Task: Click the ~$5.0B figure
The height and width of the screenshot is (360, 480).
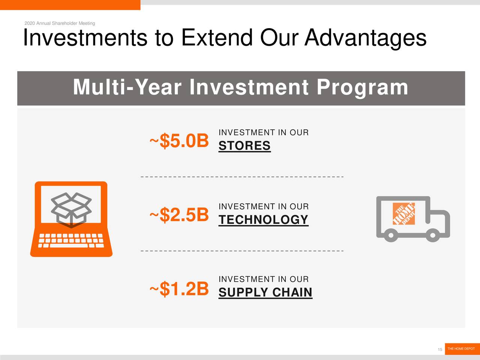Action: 179,141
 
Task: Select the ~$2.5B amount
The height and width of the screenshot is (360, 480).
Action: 179,215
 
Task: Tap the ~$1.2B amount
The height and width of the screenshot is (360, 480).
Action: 179,289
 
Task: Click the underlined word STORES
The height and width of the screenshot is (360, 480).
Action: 244,145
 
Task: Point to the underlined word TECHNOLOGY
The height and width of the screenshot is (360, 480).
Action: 264,220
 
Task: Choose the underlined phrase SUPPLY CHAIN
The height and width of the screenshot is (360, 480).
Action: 265,292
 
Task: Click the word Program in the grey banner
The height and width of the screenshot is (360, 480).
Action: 362,88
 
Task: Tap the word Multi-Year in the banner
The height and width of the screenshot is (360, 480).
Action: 127,87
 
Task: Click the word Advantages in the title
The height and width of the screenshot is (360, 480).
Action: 365,38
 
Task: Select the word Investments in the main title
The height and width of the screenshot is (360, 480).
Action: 85,37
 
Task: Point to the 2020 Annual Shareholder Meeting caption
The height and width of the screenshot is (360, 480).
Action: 60,23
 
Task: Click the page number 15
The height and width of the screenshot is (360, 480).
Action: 440,349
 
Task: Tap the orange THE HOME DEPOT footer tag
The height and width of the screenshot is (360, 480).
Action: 462,349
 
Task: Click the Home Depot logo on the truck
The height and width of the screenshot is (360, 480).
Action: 403,213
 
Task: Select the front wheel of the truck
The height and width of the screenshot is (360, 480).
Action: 433,235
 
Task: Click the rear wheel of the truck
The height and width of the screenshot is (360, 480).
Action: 391,235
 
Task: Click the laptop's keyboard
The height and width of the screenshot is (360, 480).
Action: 71,241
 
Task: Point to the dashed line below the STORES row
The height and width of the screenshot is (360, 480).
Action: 242,177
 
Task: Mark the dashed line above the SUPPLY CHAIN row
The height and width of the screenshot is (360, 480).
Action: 242,251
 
